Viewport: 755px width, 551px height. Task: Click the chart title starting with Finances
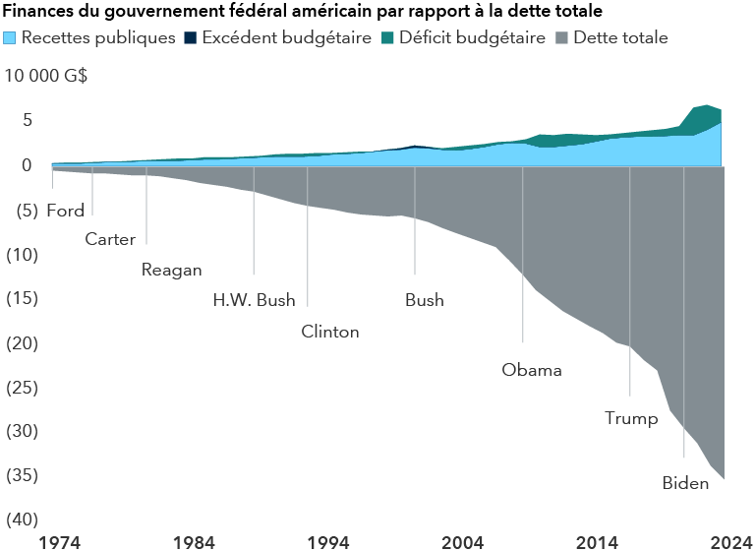[303, 13]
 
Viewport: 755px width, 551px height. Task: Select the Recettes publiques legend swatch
[11, 38]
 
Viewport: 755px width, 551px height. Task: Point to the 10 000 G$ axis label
[46, 77]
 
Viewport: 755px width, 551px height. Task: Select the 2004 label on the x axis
[462, 540]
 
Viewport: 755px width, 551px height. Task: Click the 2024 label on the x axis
[732, 540]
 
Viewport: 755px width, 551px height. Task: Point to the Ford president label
[66, 211]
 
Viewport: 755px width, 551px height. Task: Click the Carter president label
[110, 239]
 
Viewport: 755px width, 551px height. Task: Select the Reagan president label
[171, 270]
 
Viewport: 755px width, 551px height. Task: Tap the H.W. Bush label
[254, 300]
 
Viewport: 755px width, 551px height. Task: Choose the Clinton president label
[330, 332]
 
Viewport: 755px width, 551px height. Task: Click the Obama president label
[532, 370]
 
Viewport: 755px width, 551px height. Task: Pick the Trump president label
[631, 419]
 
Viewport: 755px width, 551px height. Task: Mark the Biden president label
[685, 483]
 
